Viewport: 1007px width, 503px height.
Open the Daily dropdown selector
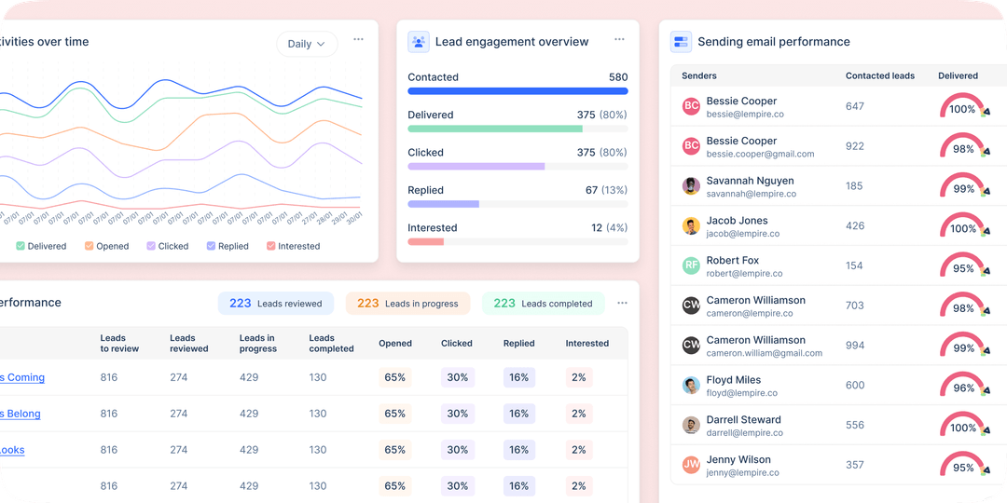tap(307, 44)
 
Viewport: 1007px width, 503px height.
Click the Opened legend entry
tap(106, 246)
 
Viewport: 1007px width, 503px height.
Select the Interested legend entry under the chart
tap(293, 246)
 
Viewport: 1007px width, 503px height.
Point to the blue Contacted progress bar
tap(517, 91)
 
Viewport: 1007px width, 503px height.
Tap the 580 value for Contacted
tap(617, 77)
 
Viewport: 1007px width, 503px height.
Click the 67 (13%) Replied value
tap(606, 190)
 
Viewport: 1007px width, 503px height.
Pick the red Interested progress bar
tap(425, 241)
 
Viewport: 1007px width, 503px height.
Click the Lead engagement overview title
tap(499, 42)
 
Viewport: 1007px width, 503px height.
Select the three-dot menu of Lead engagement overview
tap(619, 40)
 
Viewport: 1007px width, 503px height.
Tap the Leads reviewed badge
tap(276, 303)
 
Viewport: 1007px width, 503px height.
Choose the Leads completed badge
tap(543, 303)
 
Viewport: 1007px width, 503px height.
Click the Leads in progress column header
tap(257, 344)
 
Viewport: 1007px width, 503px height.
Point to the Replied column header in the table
tap(518, 344)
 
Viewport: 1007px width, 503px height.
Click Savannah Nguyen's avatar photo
tap(691, 186)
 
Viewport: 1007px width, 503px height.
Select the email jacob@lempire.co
tap(742, 234)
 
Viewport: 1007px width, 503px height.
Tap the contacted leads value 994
tap(855, 346)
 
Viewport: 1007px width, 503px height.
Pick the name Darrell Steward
tap(743, 420)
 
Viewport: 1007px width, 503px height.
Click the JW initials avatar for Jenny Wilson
tap(691, 465)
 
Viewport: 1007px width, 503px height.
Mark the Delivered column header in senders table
tap(958, 75)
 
